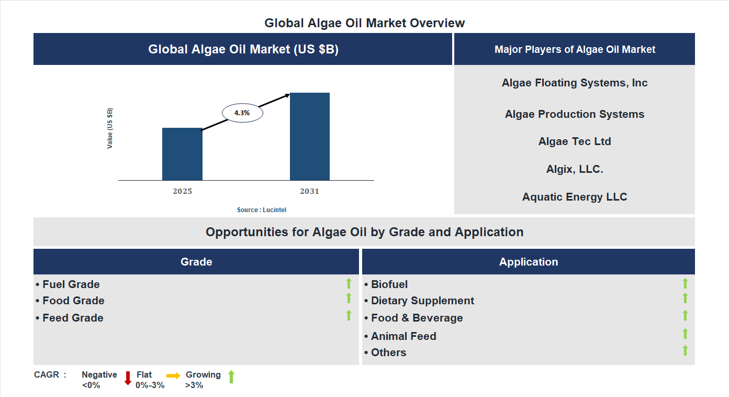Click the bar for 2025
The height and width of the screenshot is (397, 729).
pos(182,154)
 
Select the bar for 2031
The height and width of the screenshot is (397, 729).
pos(310,137)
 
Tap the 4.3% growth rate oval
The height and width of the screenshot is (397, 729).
pos(242,113)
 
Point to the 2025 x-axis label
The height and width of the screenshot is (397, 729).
pos(182,191)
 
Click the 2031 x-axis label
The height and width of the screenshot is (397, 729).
pos(309,191)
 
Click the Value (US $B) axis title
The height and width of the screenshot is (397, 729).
pos(110,128)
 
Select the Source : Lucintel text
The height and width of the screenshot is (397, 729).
pos(262,210)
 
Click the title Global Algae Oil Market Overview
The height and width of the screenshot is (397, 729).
pos(364,23)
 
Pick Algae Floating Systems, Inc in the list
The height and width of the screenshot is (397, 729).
pos(575,83)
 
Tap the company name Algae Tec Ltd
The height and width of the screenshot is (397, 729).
pos(575,141)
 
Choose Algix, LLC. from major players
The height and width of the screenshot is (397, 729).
pos(575,169)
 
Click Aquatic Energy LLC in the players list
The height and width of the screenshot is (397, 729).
pos(575,197)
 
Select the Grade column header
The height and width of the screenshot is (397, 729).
pos(196,262)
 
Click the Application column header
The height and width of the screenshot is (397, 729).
pos(529,262)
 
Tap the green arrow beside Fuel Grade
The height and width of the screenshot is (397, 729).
pos(349,284)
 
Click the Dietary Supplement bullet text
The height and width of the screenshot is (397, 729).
pos(422,301)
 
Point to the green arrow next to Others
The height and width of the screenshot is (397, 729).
pos(685,351)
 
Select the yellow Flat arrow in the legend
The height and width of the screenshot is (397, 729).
pos(173,376)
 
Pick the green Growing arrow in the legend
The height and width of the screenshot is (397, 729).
pos(231,377)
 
